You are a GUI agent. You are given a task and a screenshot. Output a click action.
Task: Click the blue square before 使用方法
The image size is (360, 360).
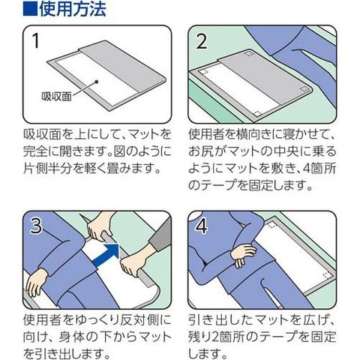30,9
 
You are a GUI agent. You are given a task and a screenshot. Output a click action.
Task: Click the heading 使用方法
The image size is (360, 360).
73,9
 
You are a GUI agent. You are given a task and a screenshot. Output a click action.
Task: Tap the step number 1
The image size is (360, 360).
36,40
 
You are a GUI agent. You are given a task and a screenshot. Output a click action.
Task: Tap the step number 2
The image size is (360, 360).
202,41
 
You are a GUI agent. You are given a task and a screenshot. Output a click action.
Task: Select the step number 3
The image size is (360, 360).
36,226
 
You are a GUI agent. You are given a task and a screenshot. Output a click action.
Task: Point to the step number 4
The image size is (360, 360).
202,226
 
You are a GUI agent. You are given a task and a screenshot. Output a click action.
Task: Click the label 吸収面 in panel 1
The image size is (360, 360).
57,97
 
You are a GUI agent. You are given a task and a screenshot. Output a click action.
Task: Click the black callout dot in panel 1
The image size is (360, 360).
97,82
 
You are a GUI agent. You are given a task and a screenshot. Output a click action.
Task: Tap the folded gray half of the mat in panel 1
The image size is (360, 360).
122,68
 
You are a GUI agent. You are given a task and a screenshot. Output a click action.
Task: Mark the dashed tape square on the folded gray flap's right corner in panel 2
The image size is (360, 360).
304,89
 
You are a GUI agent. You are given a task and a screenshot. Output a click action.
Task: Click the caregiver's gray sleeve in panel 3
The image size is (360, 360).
160,235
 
